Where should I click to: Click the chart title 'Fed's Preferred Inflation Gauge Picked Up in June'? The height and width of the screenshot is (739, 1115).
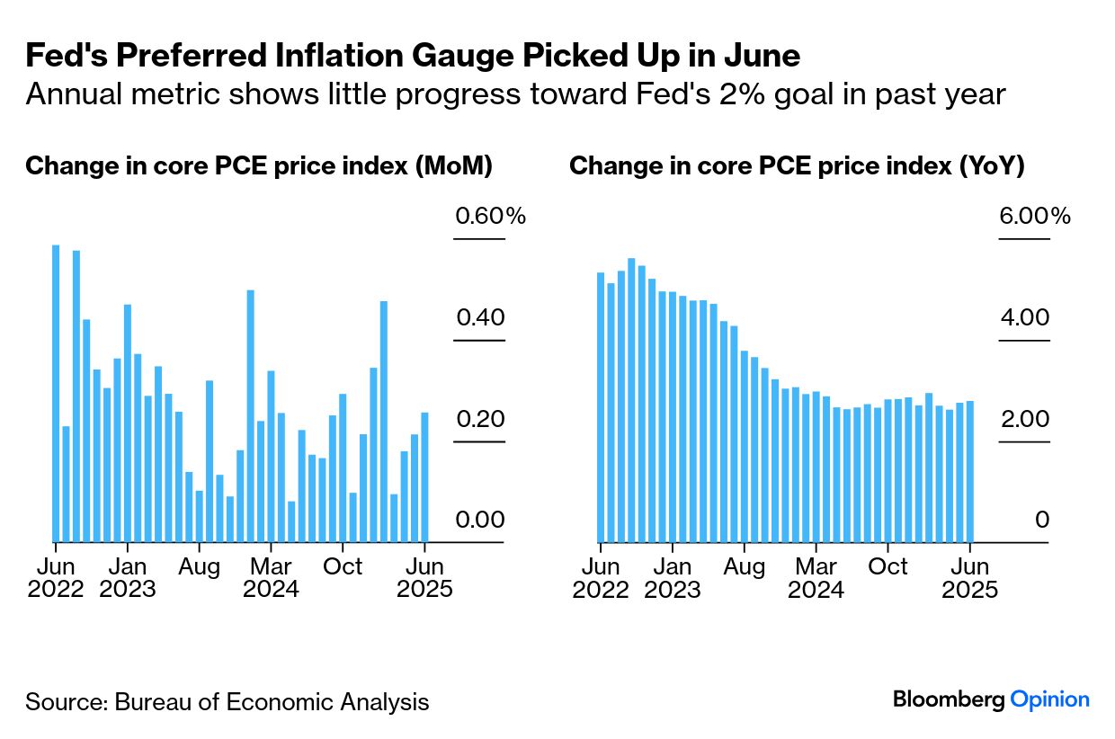click(413, 57)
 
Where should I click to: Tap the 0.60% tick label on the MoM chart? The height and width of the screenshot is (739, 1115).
click(490, 217)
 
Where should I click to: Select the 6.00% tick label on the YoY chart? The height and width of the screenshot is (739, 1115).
click(1035, 217)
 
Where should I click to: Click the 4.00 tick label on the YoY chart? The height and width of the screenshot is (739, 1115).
click(1024, 318)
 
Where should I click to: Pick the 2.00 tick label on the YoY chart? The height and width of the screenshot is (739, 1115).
click(1024, 420)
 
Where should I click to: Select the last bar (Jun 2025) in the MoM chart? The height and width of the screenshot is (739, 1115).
click(424, 477)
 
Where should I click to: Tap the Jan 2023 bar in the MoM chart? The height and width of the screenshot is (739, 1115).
click(128, 423)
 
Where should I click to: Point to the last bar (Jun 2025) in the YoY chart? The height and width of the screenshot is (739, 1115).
click(969, 471)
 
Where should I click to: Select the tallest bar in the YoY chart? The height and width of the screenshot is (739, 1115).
click(631, 400)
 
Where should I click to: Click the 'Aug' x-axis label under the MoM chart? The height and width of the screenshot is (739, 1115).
click(200, 567)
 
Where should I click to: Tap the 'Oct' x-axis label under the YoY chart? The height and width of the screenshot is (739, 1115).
click(888, 567)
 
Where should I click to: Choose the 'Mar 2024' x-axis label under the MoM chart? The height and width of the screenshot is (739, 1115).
click(271, 578)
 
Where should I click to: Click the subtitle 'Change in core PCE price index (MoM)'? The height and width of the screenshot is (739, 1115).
click(259, 166)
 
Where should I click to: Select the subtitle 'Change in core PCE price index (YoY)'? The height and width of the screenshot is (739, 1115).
click(797, 166)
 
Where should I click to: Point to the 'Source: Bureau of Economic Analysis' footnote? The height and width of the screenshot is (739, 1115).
click(227, 702)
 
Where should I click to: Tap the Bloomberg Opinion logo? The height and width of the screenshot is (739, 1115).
click(991, 699)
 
